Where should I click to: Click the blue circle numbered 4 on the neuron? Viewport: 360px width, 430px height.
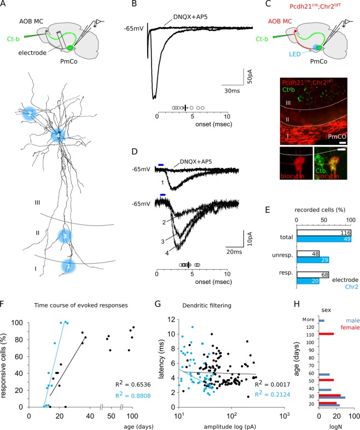coord(58,135)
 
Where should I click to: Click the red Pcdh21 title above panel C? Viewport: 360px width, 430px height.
coord(307,7)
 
